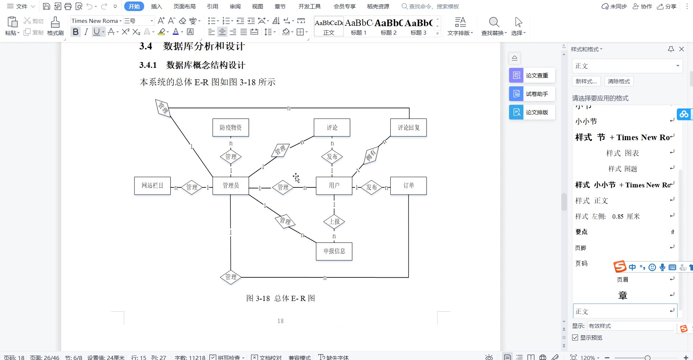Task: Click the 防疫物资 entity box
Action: tap(231, 128)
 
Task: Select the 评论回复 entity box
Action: tap(408, 128)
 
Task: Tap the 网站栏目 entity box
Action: tap(152, 186)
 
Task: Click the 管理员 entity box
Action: tap(231, 186)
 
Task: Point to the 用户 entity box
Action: tap(334, 186)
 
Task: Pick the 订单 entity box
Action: tap(408, 186)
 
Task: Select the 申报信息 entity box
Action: tap(334, 251)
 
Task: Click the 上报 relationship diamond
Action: tap(334, 222)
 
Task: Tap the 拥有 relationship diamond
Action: tap(371, 155)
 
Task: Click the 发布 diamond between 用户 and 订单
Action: tap(372, 187)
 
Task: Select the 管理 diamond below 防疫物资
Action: tap(231, 157)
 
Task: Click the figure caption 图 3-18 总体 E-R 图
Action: tap(281, 298)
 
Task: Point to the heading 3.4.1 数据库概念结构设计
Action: tap(192, 65)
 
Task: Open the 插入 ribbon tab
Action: tap(156, 6)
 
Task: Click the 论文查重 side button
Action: tap(532, 76)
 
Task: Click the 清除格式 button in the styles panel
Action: tap(619, 82)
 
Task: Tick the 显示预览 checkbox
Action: tap(575, 338)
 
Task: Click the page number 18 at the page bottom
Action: tap(281, 321)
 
